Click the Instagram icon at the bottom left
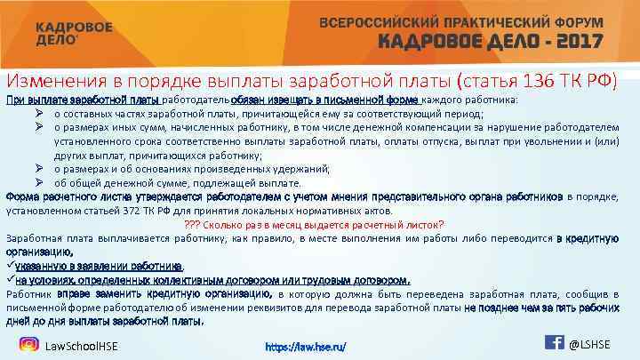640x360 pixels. tap(29, 344)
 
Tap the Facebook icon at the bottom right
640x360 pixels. tap(553, 343)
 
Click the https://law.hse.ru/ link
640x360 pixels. tap(306, 346)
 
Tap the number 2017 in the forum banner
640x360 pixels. tap(572, 42)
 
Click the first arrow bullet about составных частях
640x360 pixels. tap(41, 114)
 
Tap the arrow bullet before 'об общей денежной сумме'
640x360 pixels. tap(41, 183)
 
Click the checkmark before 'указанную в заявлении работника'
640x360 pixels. tap(10, 265)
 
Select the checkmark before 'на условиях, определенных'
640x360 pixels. tap(10, 278)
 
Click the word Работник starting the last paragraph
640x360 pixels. tap(29, 292)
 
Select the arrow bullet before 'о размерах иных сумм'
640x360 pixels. tap(41, 127)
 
